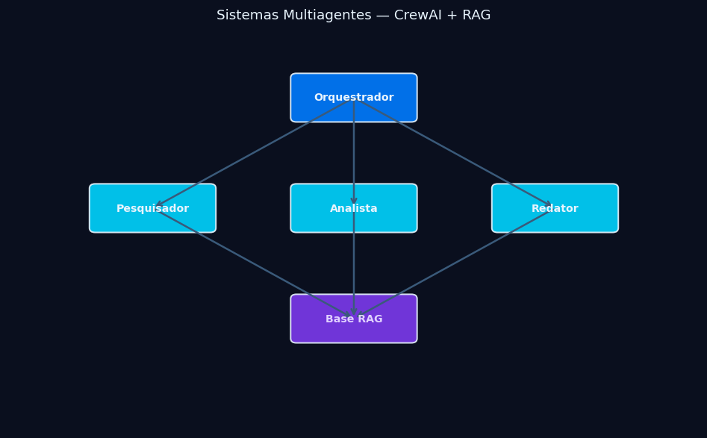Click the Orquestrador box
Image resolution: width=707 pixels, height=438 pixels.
[x=353, y=98]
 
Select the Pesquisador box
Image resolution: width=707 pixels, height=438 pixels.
[x=152, y=208]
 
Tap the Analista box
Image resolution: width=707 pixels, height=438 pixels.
[x=353, y=208]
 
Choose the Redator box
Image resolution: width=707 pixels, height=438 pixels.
[x=555, y=208]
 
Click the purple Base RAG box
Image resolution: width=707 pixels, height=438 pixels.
[x=353, y=319]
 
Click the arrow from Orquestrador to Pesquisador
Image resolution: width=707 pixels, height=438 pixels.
[x=253, y=153]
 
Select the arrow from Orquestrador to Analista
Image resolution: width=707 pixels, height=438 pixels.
[x=354, y=153]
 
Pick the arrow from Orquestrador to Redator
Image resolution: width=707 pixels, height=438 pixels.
[x=454, y=153]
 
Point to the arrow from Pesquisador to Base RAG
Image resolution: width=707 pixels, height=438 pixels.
[x=253, y=263]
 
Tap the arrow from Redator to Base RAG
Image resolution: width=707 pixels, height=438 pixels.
[x=454, y=263]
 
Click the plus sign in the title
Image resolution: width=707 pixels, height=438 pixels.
[x=451, y=16]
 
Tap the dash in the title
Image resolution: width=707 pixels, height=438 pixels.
[x=382, y=16]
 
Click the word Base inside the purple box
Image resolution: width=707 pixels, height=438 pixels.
[x=338, y=319]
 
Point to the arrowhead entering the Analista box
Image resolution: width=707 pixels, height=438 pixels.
[x=354, y=200]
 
